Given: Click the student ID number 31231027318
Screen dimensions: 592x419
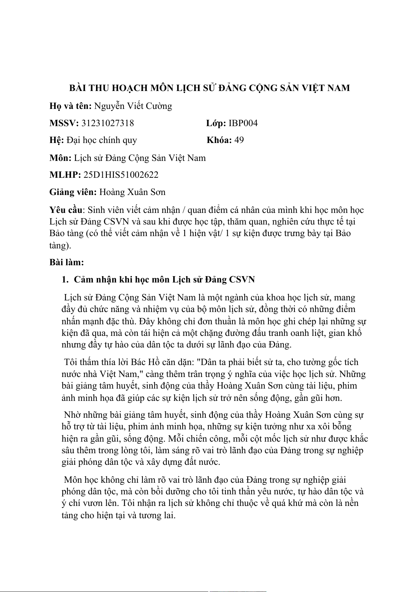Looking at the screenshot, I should click(x=108, y=123).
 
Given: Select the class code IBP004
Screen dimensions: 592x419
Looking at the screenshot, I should click(x=243, y=123).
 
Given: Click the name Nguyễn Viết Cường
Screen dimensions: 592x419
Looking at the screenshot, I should click(x=133, y=106).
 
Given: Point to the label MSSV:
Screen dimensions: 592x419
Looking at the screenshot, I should click(x=64, y=123).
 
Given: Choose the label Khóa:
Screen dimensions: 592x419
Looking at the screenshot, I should click(x=219, y=140).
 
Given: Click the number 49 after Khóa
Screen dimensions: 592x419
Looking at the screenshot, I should click(x=239, y=140).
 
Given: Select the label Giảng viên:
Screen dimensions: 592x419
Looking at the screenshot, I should click(x=73, y=192).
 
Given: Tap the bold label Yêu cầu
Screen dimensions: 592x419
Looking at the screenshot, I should click(x=66, y=210).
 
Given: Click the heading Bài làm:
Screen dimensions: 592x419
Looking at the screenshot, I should click(x=66, y=262).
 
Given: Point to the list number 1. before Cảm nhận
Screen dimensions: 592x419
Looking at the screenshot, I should click(x=65, y=280).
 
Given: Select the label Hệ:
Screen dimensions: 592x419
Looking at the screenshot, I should click(x=57, y=140).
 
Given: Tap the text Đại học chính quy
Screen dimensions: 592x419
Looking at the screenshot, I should click(x=102, y=140).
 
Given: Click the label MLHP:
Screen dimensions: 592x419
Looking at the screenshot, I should click(x=65, y=175).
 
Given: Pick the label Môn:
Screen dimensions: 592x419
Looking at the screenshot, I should click(x=61, y=158).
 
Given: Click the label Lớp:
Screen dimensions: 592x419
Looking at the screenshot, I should click(x=216, y=123).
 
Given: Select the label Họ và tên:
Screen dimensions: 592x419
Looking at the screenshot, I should click(x=71, y=106).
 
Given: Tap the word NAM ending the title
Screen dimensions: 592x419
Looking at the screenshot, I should click(x=338, y=88).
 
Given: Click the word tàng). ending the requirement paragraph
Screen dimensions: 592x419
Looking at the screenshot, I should click(x=60, y=245).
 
